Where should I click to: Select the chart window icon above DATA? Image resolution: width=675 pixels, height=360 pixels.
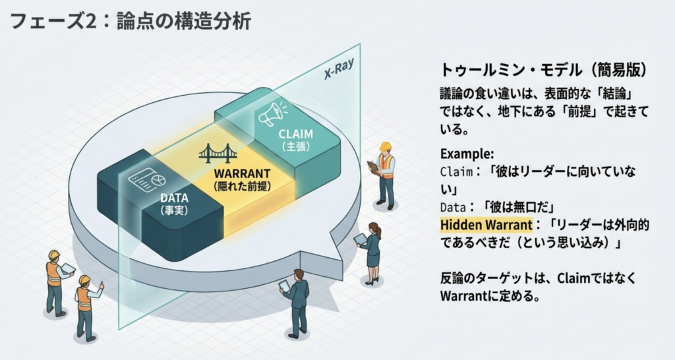pos(146,179)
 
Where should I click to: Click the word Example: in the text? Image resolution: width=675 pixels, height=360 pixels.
pos(467,154)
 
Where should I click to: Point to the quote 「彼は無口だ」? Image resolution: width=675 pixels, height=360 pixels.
pos(512,206)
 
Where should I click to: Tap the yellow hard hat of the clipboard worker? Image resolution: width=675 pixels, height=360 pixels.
pos(386,146)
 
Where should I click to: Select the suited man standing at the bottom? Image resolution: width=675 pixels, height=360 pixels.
pos(297,300)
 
